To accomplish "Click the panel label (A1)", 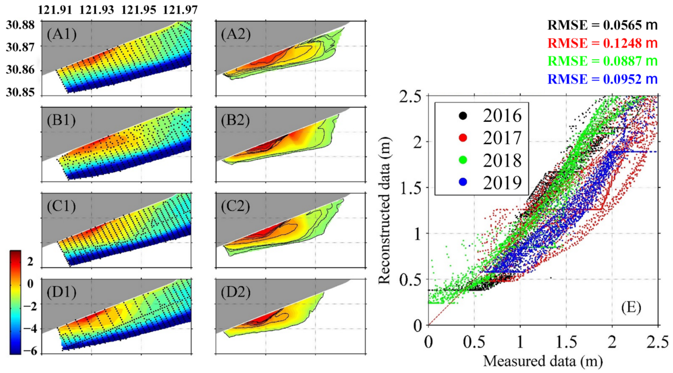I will click(x=62, y=34).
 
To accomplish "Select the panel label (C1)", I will click(x=62, y=206).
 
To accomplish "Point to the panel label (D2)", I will click(x=235, y=292).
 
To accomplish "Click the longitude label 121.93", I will click(x=97, y=10).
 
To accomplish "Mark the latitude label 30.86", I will click(x=20, y=70).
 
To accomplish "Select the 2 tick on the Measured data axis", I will click(x=612, y=342).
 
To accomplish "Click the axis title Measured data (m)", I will click(x=543, y=361).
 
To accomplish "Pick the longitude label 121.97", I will click(x=180, y=10).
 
